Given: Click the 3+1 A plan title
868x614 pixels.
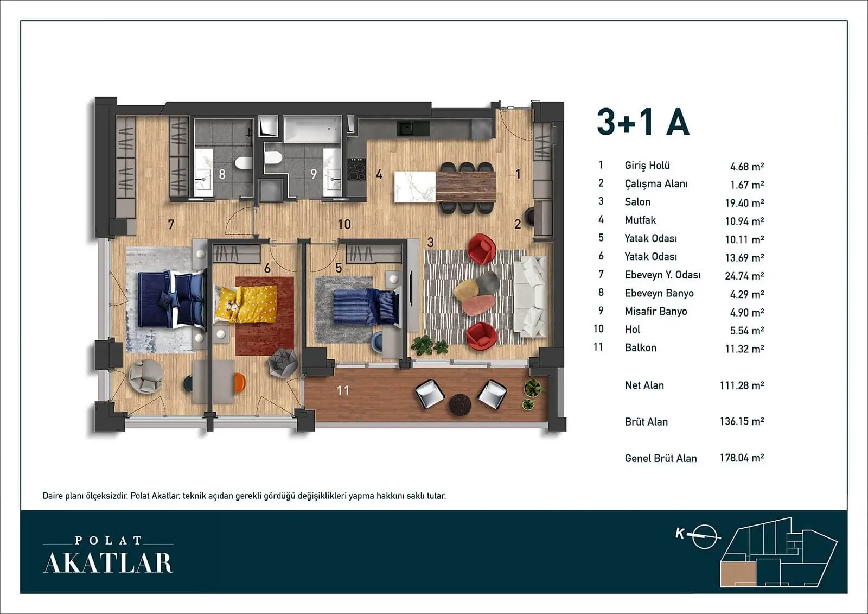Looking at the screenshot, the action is (643, 122).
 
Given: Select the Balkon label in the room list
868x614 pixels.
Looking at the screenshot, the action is (641, 347).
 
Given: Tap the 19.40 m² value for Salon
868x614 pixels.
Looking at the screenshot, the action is (744, 203).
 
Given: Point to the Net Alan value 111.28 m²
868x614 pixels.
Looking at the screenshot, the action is (742, 385).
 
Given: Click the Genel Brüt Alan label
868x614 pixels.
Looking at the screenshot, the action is (661, 458).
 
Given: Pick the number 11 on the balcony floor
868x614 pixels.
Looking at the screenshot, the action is (343, 390).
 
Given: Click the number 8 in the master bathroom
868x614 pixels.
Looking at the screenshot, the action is (222, 174).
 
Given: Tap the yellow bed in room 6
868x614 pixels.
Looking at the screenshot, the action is (246, 305).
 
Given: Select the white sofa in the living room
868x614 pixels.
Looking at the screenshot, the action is (531, 297).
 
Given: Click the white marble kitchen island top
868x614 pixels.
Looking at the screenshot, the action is (415, 187).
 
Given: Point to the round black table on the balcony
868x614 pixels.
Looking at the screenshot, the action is (459, 404).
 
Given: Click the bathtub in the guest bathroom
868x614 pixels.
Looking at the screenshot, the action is (312, 129).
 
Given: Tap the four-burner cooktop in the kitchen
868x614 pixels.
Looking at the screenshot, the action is (356, 169).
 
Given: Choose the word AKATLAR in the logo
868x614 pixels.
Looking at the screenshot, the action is (108, 563).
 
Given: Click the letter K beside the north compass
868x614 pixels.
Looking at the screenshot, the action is (680, 533).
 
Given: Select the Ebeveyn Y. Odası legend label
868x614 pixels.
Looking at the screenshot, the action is (662, 275).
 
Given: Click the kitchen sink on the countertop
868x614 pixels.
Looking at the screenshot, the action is (406, 128).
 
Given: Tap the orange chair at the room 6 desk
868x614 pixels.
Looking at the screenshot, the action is (239, 382).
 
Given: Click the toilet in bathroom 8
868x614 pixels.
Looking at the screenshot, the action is (244, 163).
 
